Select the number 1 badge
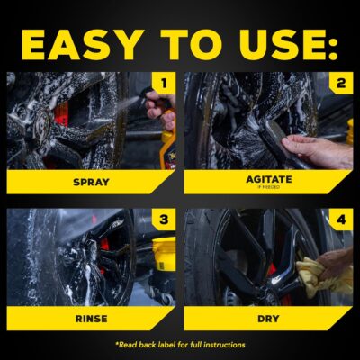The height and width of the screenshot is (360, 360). (163, 85)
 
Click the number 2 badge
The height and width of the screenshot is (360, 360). (341, 85)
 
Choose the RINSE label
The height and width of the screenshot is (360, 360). (90, 317)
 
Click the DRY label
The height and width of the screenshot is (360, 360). (268, 317)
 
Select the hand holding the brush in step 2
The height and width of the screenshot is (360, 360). (319, 148)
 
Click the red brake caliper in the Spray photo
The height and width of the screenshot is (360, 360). (61, 115)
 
